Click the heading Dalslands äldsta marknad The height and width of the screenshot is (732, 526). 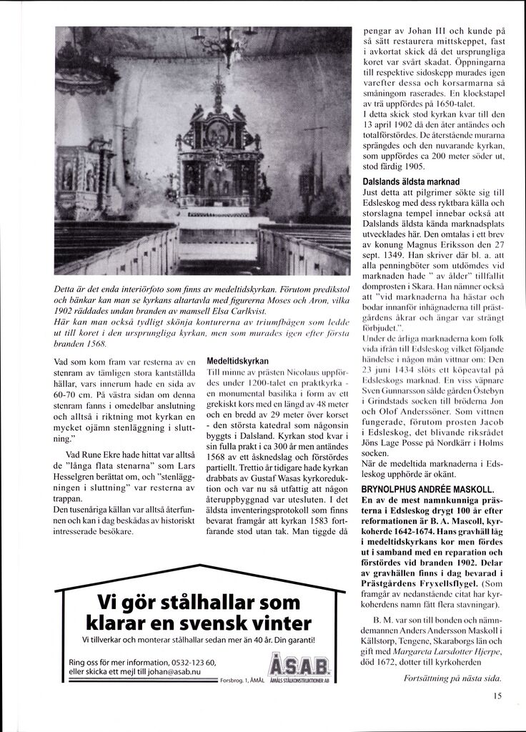[x=410, y=182]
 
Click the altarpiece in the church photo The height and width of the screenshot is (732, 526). [x=214, y=154]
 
